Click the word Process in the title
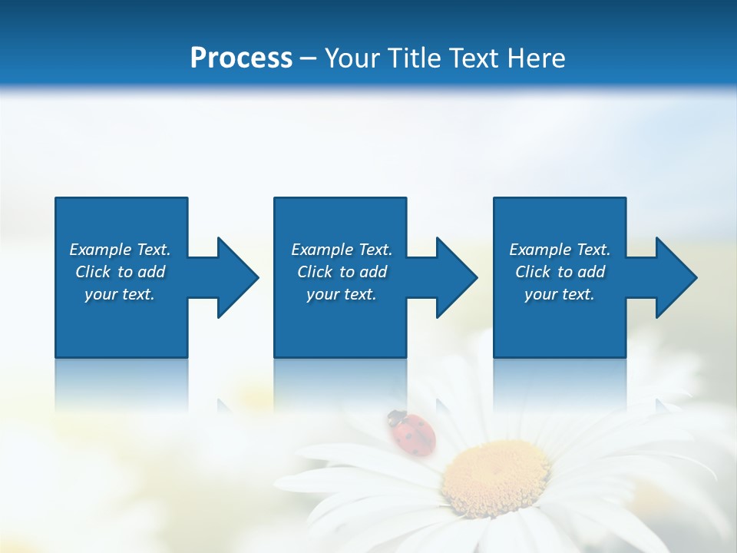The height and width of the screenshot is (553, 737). tap(241, 58)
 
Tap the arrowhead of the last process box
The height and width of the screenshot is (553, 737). tap(675, 277)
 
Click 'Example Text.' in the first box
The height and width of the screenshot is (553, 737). tap(120, 250)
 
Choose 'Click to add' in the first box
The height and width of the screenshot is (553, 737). tap(120, 272)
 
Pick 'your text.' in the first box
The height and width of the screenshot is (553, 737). tap(120, 294)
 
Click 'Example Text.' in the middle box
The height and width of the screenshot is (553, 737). tap(342, 250)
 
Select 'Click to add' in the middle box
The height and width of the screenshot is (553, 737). tap(342, 272)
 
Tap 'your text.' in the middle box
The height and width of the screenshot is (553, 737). tap(342, 294)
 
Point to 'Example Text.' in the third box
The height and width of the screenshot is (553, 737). tap(560, 250)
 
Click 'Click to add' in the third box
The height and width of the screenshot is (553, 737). tap(560, 272)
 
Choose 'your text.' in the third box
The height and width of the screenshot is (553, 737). tap(560, 294)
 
